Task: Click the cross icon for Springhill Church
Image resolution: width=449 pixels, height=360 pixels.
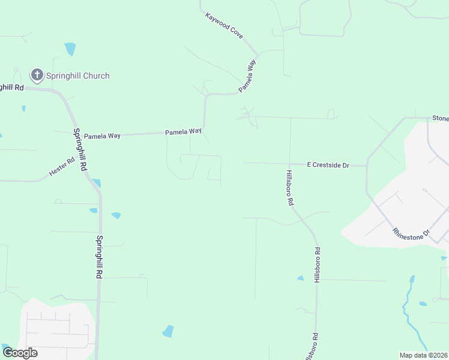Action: point(37,75)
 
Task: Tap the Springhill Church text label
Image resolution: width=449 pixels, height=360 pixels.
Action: point(78,76)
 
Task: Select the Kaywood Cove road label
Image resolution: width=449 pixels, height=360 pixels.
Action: point(224,26)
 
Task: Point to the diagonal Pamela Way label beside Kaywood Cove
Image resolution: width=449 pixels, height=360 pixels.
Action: point(248,74)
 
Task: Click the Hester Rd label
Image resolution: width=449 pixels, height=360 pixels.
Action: point(62,166)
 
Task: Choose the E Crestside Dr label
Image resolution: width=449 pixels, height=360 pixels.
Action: point(328,164)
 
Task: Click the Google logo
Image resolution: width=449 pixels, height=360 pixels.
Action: point(20,352)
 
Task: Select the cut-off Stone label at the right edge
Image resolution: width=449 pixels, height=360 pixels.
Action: point(440,118)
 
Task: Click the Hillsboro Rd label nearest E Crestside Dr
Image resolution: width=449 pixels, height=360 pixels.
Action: point(289,188)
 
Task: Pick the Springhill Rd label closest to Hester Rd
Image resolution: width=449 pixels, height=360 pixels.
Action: point(80,150)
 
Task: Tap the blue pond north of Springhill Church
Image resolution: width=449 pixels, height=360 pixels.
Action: point(71,49)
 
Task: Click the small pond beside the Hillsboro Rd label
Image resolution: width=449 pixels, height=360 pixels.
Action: point(300,278)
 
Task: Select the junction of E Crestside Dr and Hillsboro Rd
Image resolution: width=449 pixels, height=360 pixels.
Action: point(290,164)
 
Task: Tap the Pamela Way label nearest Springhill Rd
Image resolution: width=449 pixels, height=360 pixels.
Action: point(102,136)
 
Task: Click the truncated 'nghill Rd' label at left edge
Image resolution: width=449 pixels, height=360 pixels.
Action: point(11,87)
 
